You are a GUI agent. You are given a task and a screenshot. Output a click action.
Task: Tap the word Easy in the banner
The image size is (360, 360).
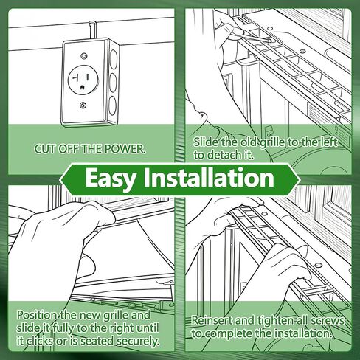[111, 179]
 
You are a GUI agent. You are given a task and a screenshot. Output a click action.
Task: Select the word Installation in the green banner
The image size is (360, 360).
[209, 177]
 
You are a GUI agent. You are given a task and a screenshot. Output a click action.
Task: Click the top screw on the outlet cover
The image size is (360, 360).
[84, 56]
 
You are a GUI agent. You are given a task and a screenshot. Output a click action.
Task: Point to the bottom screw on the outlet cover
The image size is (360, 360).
[83, 105]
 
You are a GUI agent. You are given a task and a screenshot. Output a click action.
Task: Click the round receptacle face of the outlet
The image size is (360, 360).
[83, 80]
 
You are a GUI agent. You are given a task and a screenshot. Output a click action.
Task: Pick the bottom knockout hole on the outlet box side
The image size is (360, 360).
[113, 105]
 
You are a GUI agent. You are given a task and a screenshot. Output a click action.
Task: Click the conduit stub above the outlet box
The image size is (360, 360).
[92, 30]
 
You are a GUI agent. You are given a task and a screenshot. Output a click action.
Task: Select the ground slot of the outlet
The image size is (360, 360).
[83, 87]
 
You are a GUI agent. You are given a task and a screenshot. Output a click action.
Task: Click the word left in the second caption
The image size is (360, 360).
[329, 142]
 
